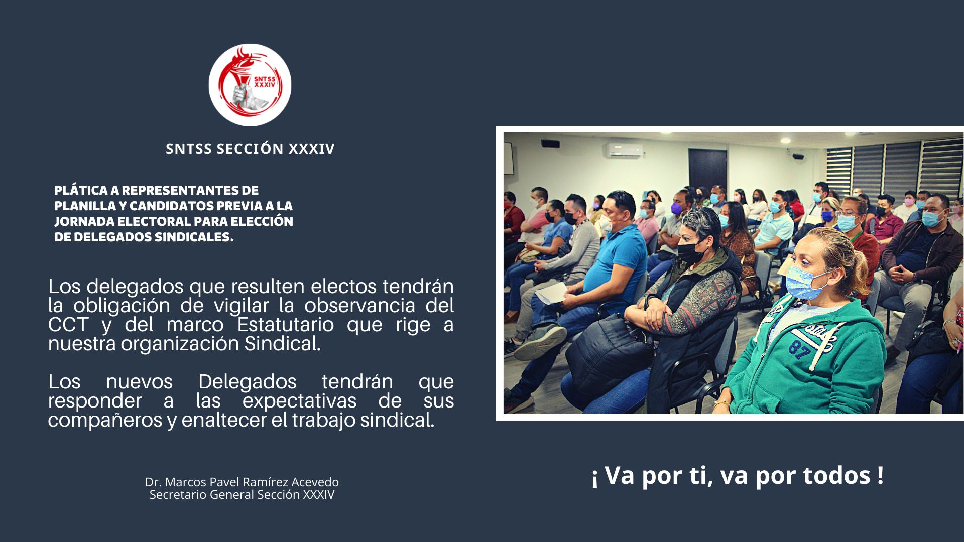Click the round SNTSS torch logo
(250, 85)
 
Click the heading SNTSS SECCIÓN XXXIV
(250, 149)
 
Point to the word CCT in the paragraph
(68, 325)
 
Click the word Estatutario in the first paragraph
(285, 325)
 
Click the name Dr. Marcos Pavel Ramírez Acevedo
(242, 482)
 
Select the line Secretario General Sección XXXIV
(242, 495)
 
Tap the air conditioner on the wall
(623, 150)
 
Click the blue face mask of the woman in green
(805, 282)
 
